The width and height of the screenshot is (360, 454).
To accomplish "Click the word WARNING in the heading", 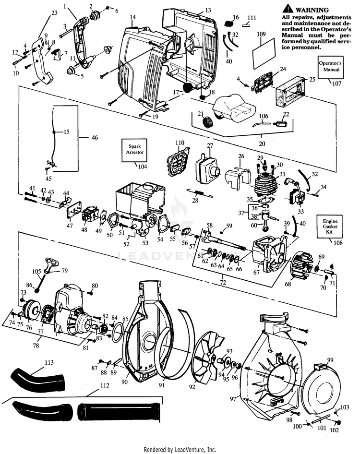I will pos(312,10).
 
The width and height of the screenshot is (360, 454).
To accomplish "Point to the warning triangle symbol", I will pos(288,8).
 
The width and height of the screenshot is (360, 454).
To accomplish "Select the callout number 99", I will pos(330,359).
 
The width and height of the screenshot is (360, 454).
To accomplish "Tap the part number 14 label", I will pos(132,17).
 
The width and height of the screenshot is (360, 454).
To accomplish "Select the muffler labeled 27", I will pos(205,168).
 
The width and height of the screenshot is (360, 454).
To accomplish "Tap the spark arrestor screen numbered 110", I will pos(176,161).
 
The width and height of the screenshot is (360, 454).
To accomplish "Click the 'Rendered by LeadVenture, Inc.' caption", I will pos(180,449).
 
